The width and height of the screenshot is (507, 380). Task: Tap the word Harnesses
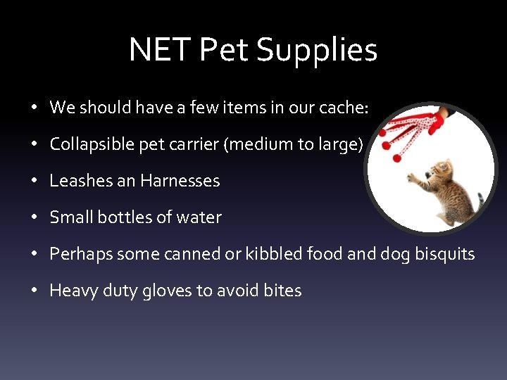[x=180, y=181]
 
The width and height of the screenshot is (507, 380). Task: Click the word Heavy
[x=71, y=291]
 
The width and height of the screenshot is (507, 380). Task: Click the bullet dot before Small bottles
[x=34, y=218]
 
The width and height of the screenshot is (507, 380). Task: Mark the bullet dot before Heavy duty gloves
[x=34, y=291]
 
